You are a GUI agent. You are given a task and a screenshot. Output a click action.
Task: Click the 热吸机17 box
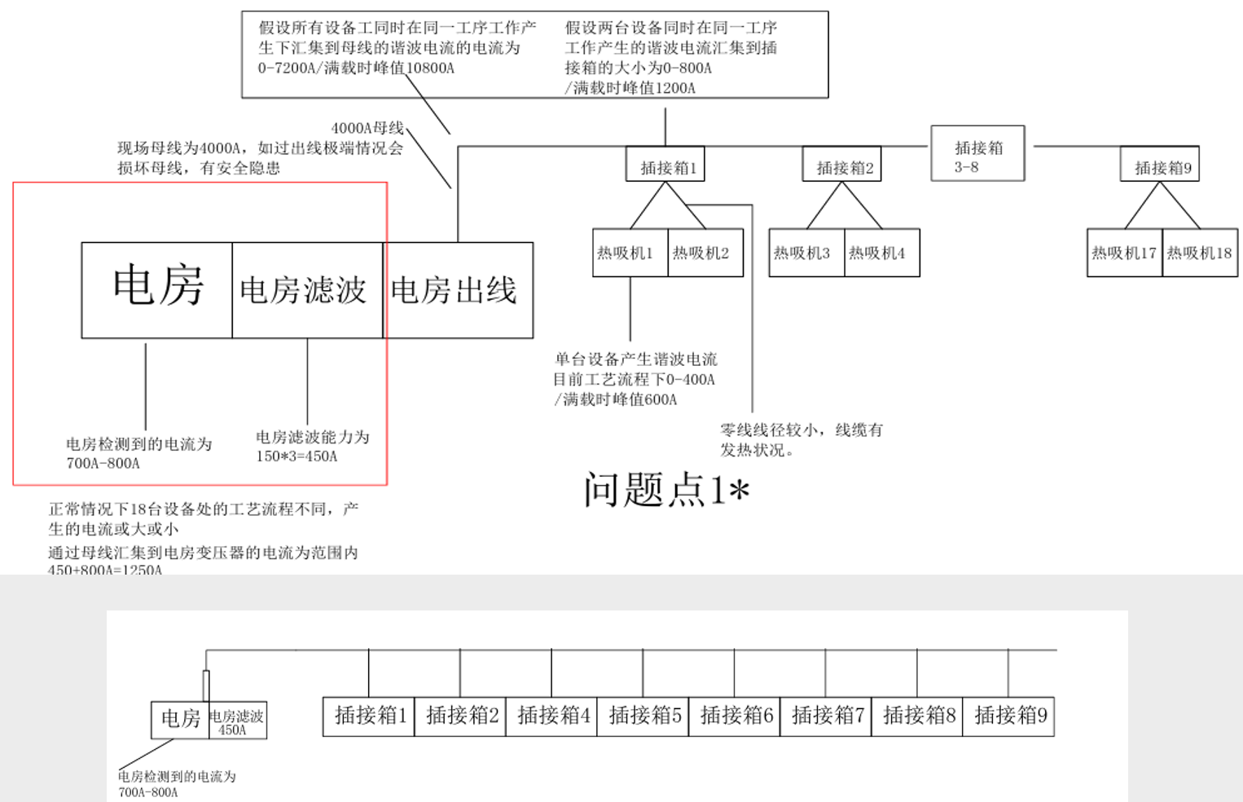click(1124, 253)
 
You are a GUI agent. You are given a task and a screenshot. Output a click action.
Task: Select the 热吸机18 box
click(1200, 253)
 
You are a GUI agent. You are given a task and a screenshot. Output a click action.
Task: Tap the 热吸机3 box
click(806, 253)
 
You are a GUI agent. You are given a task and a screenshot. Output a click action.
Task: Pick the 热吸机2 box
click(705, 253)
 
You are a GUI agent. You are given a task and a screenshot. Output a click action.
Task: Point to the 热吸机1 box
click(630, 253)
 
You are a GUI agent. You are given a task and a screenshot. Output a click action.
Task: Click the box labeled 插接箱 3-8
click(977, 154)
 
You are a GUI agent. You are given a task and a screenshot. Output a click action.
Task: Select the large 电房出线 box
click(458, 290)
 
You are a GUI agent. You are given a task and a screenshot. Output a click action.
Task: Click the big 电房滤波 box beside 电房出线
click(307, 290)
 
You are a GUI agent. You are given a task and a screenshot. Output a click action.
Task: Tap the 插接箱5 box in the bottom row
click(643, 716)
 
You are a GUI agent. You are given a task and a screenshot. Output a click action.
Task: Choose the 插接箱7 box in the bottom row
click(826, 716)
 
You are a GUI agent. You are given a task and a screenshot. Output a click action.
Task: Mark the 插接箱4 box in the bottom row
click(552, 716)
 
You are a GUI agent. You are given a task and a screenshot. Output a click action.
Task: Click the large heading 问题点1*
click(665, 490)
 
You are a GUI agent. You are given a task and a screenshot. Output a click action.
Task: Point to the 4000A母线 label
click(367, 128)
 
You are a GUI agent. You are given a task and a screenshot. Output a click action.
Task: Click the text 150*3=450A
click(296, 456)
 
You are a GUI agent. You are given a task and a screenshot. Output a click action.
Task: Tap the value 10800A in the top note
click(429, 68)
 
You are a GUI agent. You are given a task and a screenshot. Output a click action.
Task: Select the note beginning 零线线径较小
click(801, 439)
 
